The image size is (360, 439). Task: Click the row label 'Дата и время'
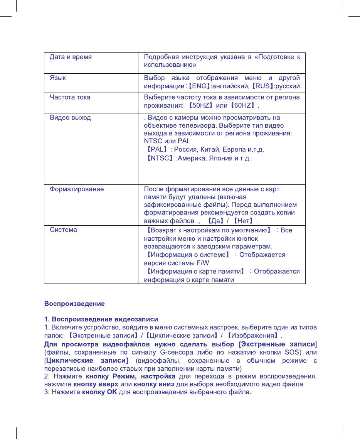click(x=71, y=57)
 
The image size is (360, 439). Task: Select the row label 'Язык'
click(x=58, y=78)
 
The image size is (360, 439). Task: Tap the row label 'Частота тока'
click(x=70, y=97)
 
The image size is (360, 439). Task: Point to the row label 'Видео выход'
click(x=70, y=117)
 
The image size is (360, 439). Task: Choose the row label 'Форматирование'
click(x=77, y=189)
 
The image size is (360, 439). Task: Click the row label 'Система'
click(x=64, y=230)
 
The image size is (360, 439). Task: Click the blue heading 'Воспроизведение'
click(x=74, y=304)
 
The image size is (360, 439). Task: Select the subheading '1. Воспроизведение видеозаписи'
click(x=101, y=319)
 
